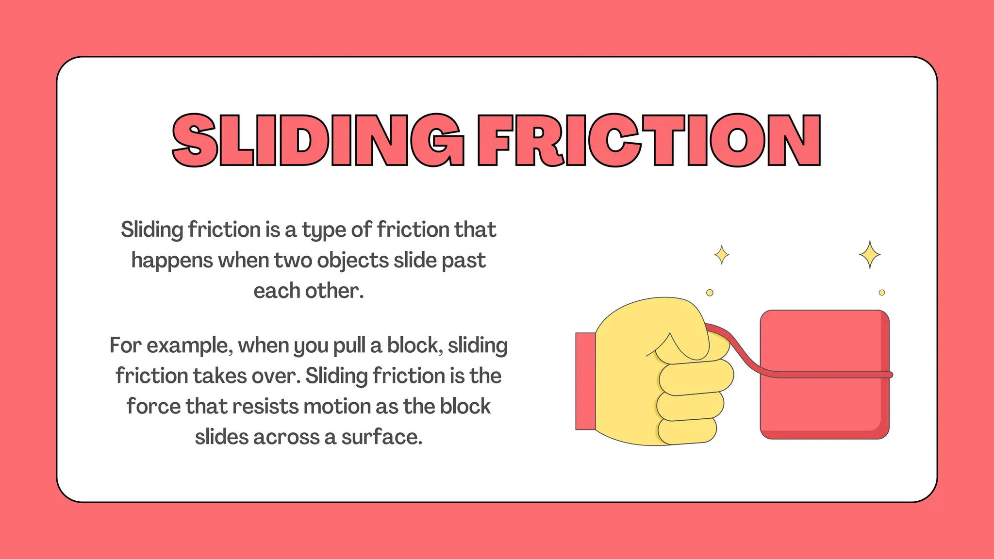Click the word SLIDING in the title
[x=318, y=140]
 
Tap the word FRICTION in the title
[x=649, y=140]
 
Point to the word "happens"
[x=172, y=261]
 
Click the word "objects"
[x=353, y=261]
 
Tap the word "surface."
[x=382, y=437]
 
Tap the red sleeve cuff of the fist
[x=585, y=381]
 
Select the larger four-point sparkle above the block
[x=870, y=254]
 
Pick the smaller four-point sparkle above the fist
[x=722, y=255]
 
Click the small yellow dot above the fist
[x=710, y=293]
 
